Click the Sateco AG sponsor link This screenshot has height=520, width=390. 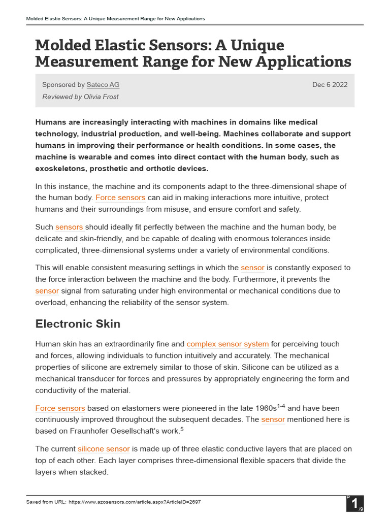tap(103, 85)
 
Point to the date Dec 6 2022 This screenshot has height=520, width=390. tap(330, 85)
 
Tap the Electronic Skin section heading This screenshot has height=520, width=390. tap(78, 323)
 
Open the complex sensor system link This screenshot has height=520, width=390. tap(227, 344)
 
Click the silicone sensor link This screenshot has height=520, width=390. tap(104, 449)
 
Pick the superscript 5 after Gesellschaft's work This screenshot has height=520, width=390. tap(182, 429)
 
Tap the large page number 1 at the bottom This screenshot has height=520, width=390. tap(353, 504)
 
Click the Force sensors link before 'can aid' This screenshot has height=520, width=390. tap(120, 197)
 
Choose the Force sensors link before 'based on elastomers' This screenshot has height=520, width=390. tap(60, 408)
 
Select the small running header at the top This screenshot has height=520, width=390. tap(115, 19)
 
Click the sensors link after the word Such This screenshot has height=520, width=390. tap(69, 226)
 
